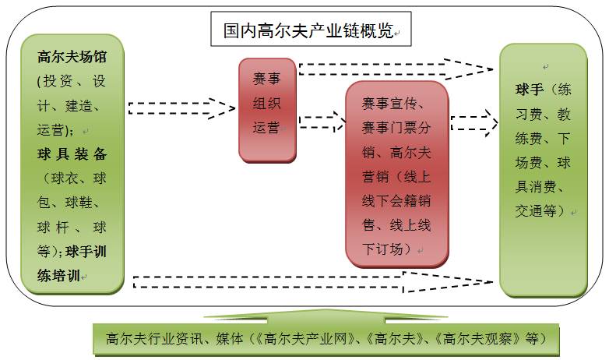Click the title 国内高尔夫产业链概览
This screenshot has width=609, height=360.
point(306,31)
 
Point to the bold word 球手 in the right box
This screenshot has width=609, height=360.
point(526,90)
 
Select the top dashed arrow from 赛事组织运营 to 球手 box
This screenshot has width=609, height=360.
point(395,69)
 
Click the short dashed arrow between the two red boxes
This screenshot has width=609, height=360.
point(321,122)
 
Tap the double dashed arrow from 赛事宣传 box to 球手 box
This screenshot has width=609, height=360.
point(473,122)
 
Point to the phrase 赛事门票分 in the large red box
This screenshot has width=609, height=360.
point(397,128)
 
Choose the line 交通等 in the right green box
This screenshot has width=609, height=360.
point(540,210)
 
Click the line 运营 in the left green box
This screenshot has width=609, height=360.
point(53,129)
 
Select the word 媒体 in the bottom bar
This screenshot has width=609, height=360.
point(226,339)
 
